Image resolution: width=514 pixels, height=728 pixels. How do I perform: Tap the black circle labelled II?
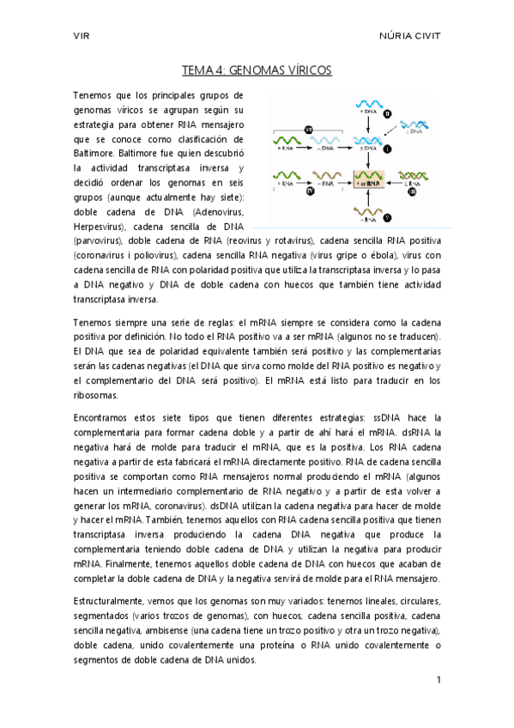pyautogui.click(x=387, y=112)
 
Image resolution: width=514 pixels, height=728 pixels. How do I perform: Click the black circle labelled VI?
pyautogui.click(x=309, y=129)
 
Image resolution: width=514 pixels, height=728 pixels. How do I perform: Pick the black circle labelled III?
pyautogui.click(x=412, y=193)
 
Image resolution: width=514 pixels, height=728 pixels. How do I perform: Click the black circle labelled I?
pyautogui.click(x=387, y=149)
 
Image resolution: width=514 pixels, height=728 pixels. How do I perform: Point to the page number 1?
pyautogui.click(x=438, y=680)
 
